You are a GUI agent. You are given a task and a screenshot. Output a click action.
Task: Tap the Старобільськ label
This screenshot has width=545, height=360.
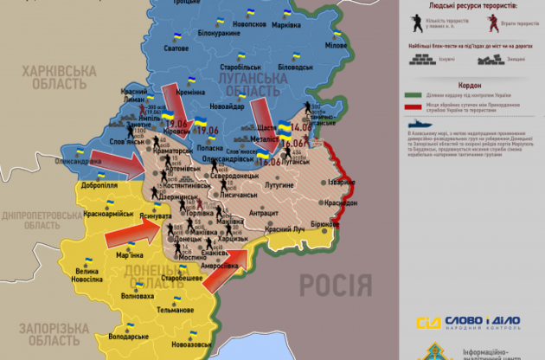coord(241,66)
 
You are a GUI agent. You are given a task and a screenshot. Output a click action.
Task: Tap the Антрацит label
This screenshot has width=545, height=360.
coord(264,213)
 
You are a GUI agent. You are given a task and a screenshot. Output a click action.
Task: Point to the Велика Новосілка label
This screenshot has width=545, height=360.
coord(92,275)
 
